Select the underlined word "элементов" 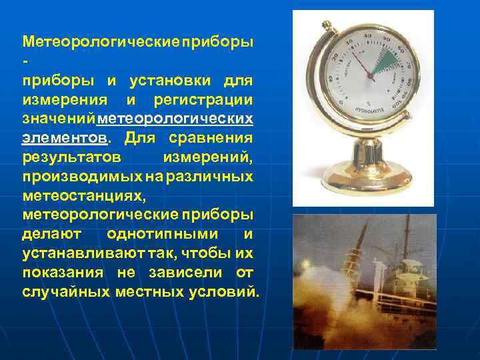tap(65, 139)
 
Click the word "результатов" tap(71, 158)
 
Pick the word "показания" tap(63, 273)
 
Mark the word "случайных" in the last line tap(65, 292)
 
